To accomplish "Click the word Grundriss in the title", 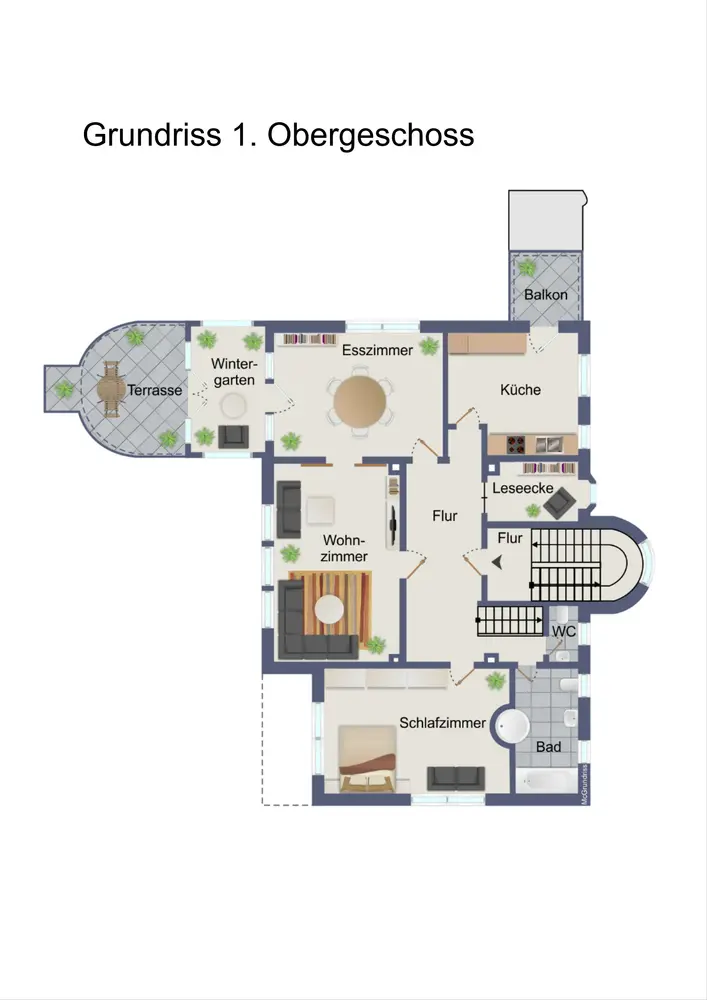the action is click(152, 135).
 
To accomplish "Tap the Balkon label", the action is click(546, 295).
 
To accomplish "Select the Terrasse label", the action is click(154, 390).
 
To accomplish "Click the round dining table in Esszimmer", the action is click(360, 401).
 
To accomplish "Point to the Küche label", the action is click(520, 389).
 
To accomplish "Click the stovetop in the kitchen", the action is click(516, 443).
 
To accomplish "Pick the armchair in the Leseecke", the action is click(558, 501).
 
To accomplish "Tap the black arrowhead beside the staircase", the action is click(497, 562).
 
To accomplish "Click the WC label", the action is click(564, 631).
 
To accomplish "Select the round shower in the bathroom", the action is click(513, 726).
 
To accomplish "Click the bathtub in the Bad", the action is click(546, 781).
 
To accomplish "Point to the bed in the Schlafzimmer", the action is click(367, 759).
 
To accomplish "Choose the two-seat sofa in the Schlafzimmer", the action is click(456, 778).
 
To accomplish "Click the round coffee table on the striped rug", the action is click(330, 609).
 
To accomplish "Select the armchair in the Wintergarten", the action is click(233, 436).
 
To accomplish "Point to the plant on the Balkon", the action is click(527, 268).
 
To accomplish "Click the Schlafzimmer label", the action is click(442, 723).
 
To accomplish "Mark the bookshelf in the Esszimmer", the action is click(309, 340).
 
